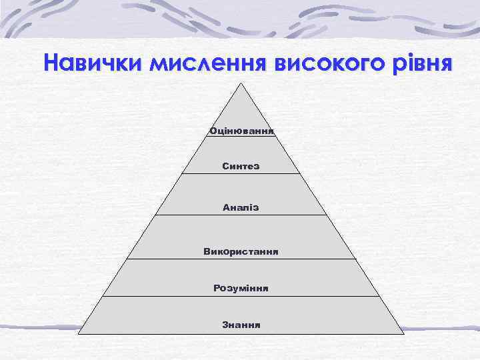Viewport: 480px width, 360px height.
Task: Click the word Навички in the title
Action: point(93,63)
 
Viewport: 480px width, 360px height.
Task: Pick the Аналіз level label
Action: point(241,208)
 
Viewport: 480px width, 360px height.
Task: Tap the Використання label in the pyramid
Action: point(241,251)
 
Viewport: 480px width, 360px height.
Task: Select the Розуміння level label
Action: point(241,288)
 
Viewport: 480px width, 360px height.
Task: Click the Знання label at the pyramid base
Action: point(241,325)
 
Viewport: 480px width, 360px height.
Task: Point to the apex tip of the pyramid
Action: point(241,83)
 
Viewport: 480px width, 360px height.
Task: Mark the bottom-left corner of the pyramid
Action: point(79,333)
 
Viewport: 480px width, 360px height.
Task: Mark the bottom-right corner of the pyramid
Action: point(404,333)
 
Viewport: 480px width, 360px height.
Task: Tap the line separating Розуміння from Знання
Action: point(241,296)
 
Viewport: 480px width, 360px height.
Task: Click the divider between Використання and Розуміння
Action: point(241,259)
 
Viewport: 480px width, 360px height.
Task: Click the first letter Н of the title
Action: point(52,63)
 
